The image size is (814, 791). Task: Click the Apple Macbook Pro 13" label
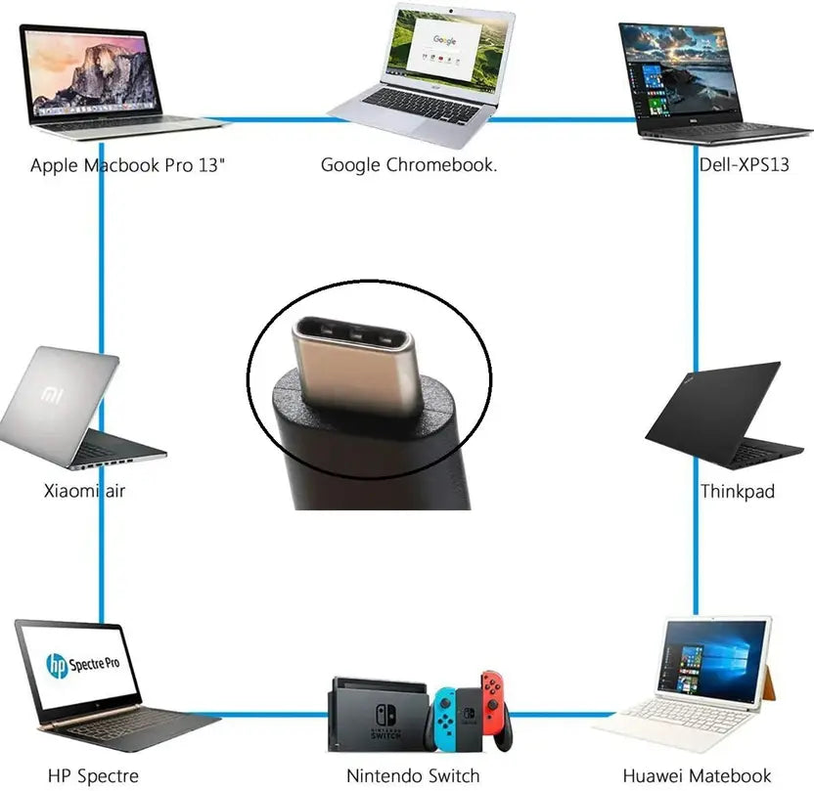[128, 165]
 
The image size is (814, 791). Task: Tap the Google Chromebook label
[409, 165]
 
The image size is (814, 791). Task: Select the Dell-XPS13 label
[744, 165]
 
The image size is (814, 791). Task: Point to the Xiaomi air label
[84, 491]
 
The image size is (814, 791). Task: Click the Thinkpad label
[737, 491]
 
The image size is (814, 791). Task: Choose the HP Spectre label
[94, 776]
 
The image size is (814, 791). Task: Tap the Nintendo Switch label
[413, 776]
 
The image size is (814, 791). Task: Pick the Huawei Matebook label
[697, 776]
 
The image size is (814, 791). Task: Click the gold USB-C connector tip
[358, 363]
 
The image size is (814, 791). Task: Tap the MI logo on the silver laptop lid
[52, 395]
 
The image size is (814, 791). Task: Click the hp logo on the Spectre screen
[57, 666]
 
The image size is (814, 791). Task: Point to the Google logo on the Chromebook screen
[444, 40]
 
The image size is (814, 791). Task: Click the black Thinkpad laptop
[723, 415]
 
